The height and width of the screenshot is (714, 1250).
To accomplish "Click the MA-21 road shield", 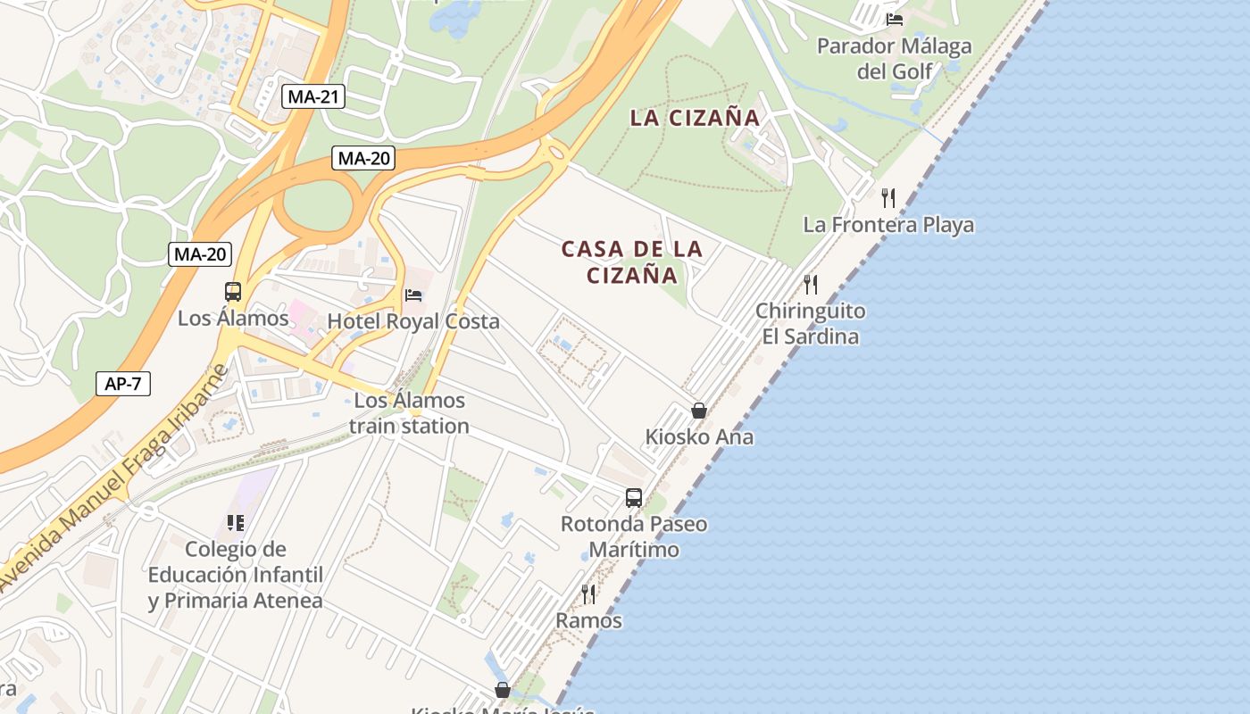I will (x=313, y=96).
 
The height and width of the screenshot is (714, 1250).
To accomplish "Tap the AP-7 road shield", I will (x=123, y=385).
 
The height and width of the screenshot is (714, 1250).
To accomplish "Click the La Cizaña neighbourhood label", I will (x=695, y=118).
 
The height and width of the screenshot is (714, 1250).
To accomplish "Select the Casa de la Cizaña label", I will (x=632, y=262).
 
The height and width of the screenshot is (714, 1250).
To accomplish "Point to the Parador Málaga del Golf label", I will (x=895, y=58).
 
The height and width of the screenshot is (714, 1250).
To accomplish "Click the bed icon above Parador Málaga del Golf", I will (x=895, y=19).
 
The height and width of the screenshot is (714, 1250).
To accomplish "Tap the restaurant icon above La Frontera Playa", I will (x=887, y=197).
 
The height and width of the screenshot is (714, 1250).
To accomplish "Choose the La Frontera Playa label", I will (x=888, y=225).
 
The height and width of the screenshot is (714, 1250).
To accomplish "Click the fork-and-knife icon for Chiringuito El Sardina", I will (x=810, y=284).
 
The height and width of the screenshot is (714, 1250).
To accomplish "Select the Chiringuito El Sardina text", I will (x=810, y=324).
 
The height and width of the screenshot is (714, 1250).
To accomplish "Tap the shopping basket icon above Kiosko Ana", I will (x=699, y=411).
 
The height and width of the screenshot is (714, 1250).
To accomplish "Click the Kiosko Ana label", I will (x=699, y=437).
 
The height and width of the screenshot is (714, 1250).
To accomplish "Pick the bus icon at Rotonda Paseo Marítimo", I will (x=634, y=497).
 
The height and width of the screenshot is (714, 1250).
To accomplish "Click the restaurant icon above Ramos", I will (x=588, y=594).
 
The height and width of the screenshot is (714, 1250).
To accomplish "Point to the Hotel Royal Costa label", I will (x=413, y=321).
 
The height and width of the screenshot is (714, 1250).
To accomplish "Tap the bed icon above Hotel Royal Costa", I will (x=413, y=295).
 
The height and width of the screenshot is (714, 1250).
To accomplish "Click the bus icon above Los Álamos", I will (x=233, y=292).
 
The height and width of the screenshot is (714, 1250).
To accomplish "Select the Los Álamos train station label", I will (x=409, y=413).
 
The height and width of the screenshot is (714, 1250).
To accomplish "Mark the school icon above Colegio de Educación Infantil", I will (x=236, y=522).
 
